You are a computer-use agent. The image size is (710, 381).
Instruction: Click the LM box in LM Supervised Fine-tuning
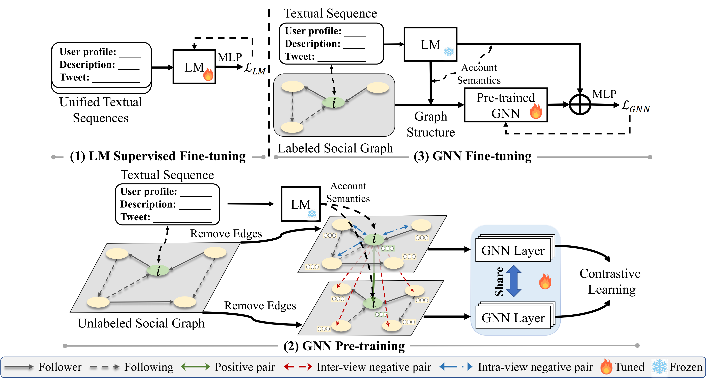coord(194,67)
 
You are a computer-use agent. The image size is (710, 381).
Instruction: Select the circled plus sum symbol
coord(580,105)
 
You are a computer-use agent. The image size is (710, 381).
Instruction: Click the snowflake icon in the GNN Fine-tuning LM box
coord(449,52)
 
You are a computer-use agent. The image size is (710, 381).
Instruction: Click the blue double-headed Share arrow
coord(513,281)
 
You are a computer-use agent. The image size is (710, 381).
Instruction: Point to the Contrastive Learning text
coord(610,282)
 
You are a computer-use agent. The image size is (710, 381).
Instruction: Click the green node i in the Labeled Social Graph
coord(333,103)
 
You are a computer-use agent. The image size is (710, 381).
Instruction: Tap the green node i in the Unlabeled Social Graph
coord(158,270)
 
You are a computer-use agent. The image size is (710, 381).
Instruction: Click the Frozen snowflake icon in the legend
coord(659,367)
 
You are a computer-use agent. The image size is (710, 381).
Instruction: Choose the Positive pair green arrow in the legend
coord(195,367)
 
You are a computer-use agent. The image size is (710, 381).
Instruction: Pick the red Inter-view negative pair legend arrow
coord(298,367)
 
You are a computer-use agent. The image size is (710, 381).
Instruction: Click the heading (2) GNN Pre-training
coord(344,346)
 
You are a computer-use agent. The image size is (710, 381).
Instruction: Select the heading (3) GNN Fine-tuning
coord(472,156)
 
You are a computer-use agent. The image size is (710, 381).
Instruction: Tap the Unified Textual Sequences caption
coord(101,110)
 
